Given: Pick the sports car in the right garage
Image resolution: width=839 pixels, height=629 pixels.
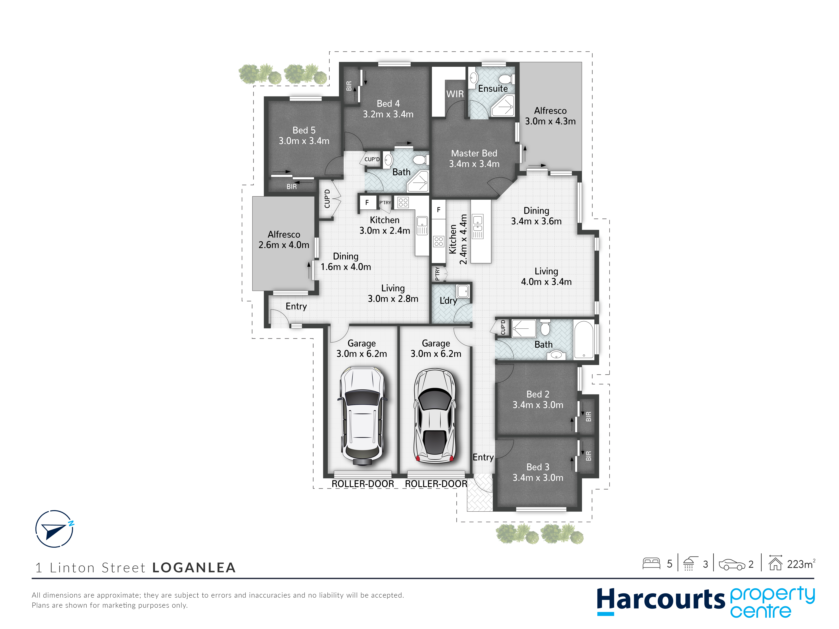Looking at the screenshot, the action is point(434,415).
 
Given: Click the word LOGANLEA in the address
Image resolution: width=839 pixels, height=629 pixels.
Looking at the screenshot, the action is point(194,568).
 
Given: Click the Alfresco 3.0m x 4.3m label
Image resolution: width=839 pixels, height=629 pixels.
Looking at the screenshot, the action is point(550,116).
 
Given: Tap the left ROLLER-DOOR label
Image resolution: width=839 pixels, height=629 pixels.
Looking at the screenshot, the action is point(363,484).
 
